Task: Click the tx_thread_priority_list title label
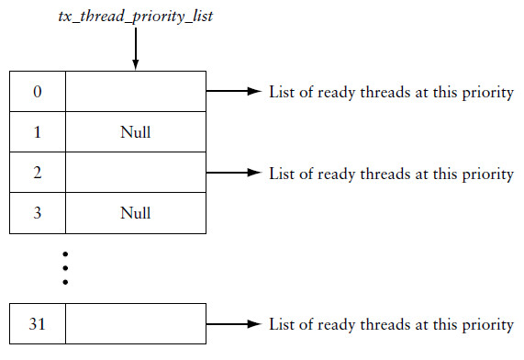click(135, 16)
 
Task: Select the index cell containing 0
click(37, 92)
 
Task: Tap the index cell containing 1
click(37, 132)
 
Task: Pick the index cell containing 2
click(37, 173)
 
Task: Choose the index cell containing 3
click(37, 213)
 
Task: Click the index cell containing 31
click(37, 325)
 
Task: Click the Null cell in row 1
click(135, 132)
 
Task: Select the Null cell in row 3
click(135, 213)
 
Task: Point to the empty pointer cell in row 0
click(135, 92)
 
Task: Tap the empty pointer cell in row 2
click(135, 173)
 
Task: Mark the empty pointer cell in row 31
click(135, 325)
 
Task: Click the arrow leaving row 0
click(235, 92)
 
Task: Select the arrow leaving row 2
click(235, 173)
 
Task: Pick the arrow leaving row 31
click(235, 325)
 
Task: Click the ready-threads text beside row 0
click(391, 93)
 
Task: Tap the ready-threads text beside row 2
click(391, 174)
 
